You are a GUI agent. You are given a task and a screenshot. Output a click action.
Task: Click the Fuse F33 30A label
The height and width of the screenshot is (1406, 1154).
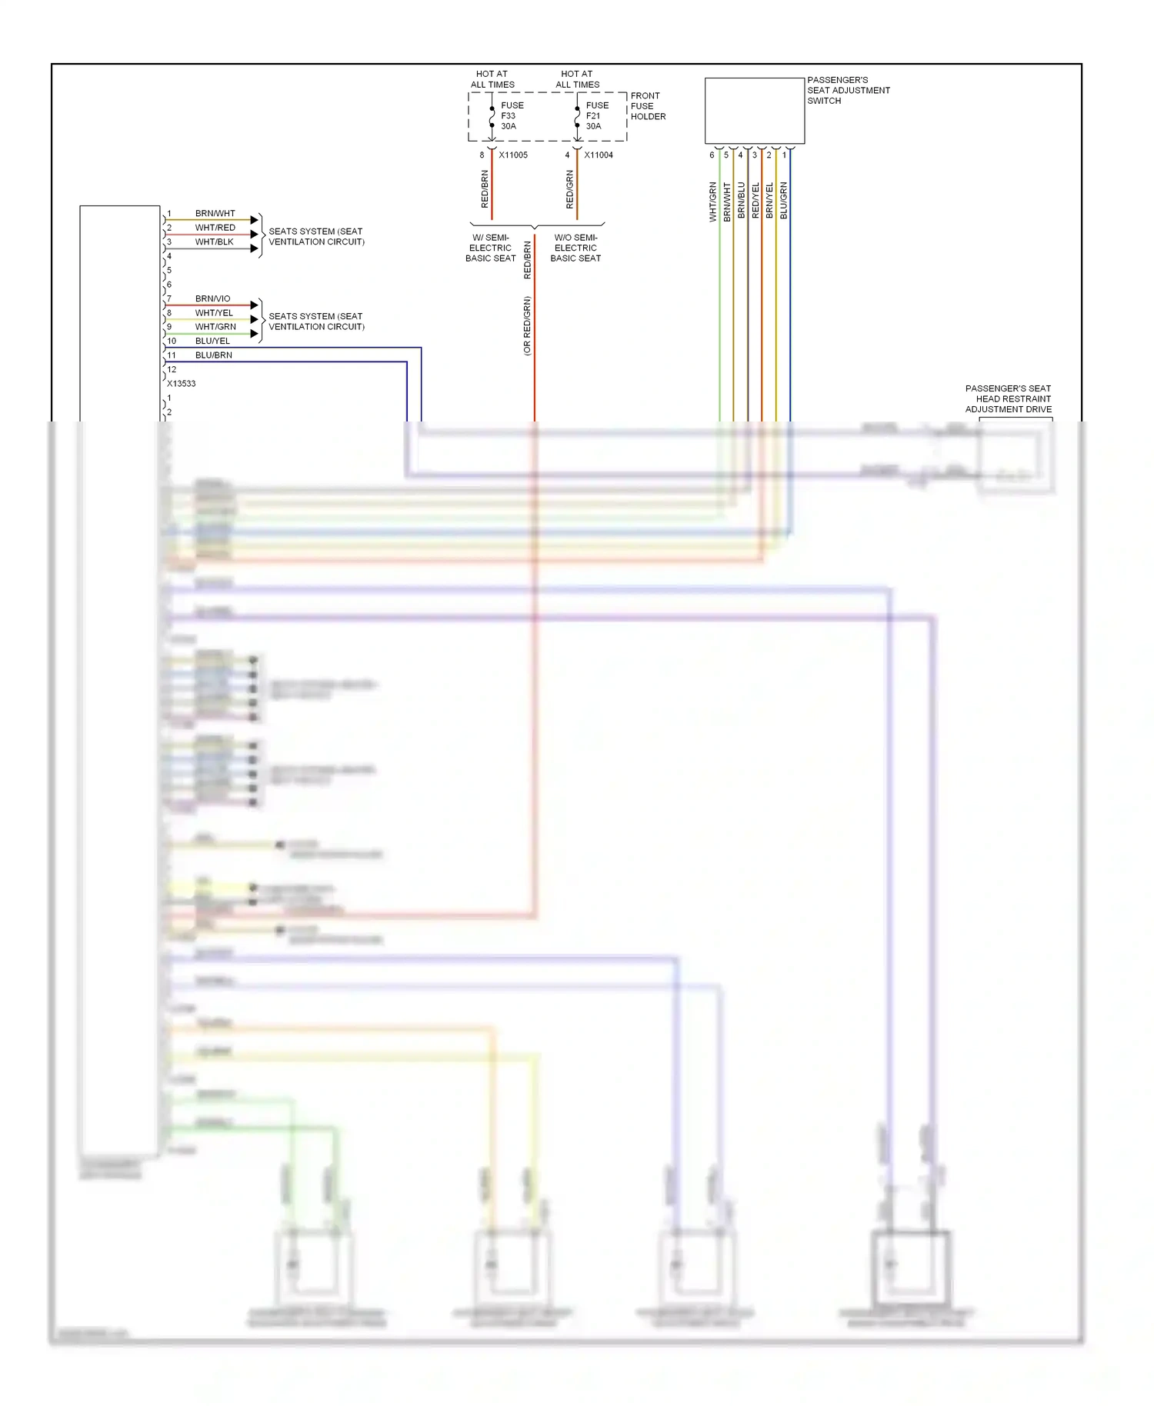(512, 116)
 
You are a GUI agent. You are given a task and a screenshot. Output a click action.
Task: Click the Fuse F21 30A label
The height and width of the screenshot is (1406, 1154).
(596, 116)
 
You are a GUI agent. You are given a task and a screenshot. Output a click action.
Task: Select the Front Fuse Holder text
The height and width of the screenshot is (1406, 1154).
(648, 106)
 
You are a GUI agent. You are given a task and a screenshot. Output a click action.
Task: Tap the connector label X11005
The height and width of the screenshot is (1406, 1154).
(513, 155)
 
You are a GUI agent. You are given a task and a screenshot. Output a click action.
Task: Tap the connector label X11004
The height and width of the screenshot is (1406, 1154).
(599, 155)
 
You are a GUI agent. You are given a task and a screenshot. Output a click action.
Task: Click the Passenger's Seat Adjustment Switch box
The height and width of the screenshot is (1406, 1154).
(754, 111)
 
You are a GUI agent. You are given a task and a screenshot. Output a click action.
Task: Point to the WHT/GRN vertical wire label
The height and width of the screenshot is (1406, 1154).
(712, 202)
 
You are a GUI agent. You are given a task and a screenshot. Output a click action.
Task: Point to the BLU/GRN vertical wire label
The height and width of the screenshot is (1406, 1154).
(783, 201)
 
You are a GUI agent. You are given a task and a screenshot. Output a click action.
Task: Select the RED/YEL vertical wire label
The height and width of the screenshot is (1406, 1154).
(755, 201)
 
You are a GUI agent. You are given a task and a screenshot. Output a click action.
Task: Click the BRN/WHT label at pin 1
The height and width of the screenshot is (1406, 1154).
(215, 214)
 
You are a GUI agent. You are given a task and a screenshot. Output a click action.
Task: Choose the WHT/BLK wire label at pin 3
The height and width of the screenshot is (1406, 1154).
(214, 242)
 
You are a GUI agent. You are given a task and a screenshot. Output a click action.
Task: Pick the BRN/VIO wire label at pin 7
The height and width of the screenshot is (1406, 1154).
(212, 299)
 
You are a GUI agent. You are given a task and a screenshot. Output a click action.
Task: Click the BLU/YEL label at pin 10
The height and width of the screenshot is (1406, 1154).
(212, 342)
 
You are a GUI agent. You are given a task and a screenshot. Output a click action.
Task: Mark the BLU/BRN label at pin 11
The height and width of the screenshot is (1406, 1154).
(213, 355)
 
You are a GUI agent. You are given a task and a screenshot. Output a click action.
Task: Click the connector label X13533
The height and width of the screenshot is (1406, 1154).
(182, 384)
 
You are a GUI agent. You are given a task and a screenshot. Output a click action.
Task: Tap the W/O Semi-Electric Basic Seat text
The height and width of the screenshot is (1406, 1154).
(575, 248)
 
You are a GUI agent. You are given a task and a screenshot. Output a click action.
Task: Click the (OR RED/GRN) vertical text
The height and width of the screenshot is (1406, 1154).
(527, 326)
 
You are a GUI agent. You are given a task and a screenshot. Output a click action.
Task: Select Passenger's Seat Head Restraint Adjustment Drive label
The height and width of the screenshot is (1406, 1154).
(1008, 399)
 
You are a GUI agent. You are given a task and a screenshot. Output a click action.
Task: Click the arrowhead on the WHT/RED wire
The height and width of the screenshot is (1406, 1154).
(254, 234)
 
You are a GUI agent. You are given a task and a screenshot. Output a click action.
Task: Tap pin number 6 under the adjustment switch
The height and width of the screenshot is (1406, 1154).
(712, 155)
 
